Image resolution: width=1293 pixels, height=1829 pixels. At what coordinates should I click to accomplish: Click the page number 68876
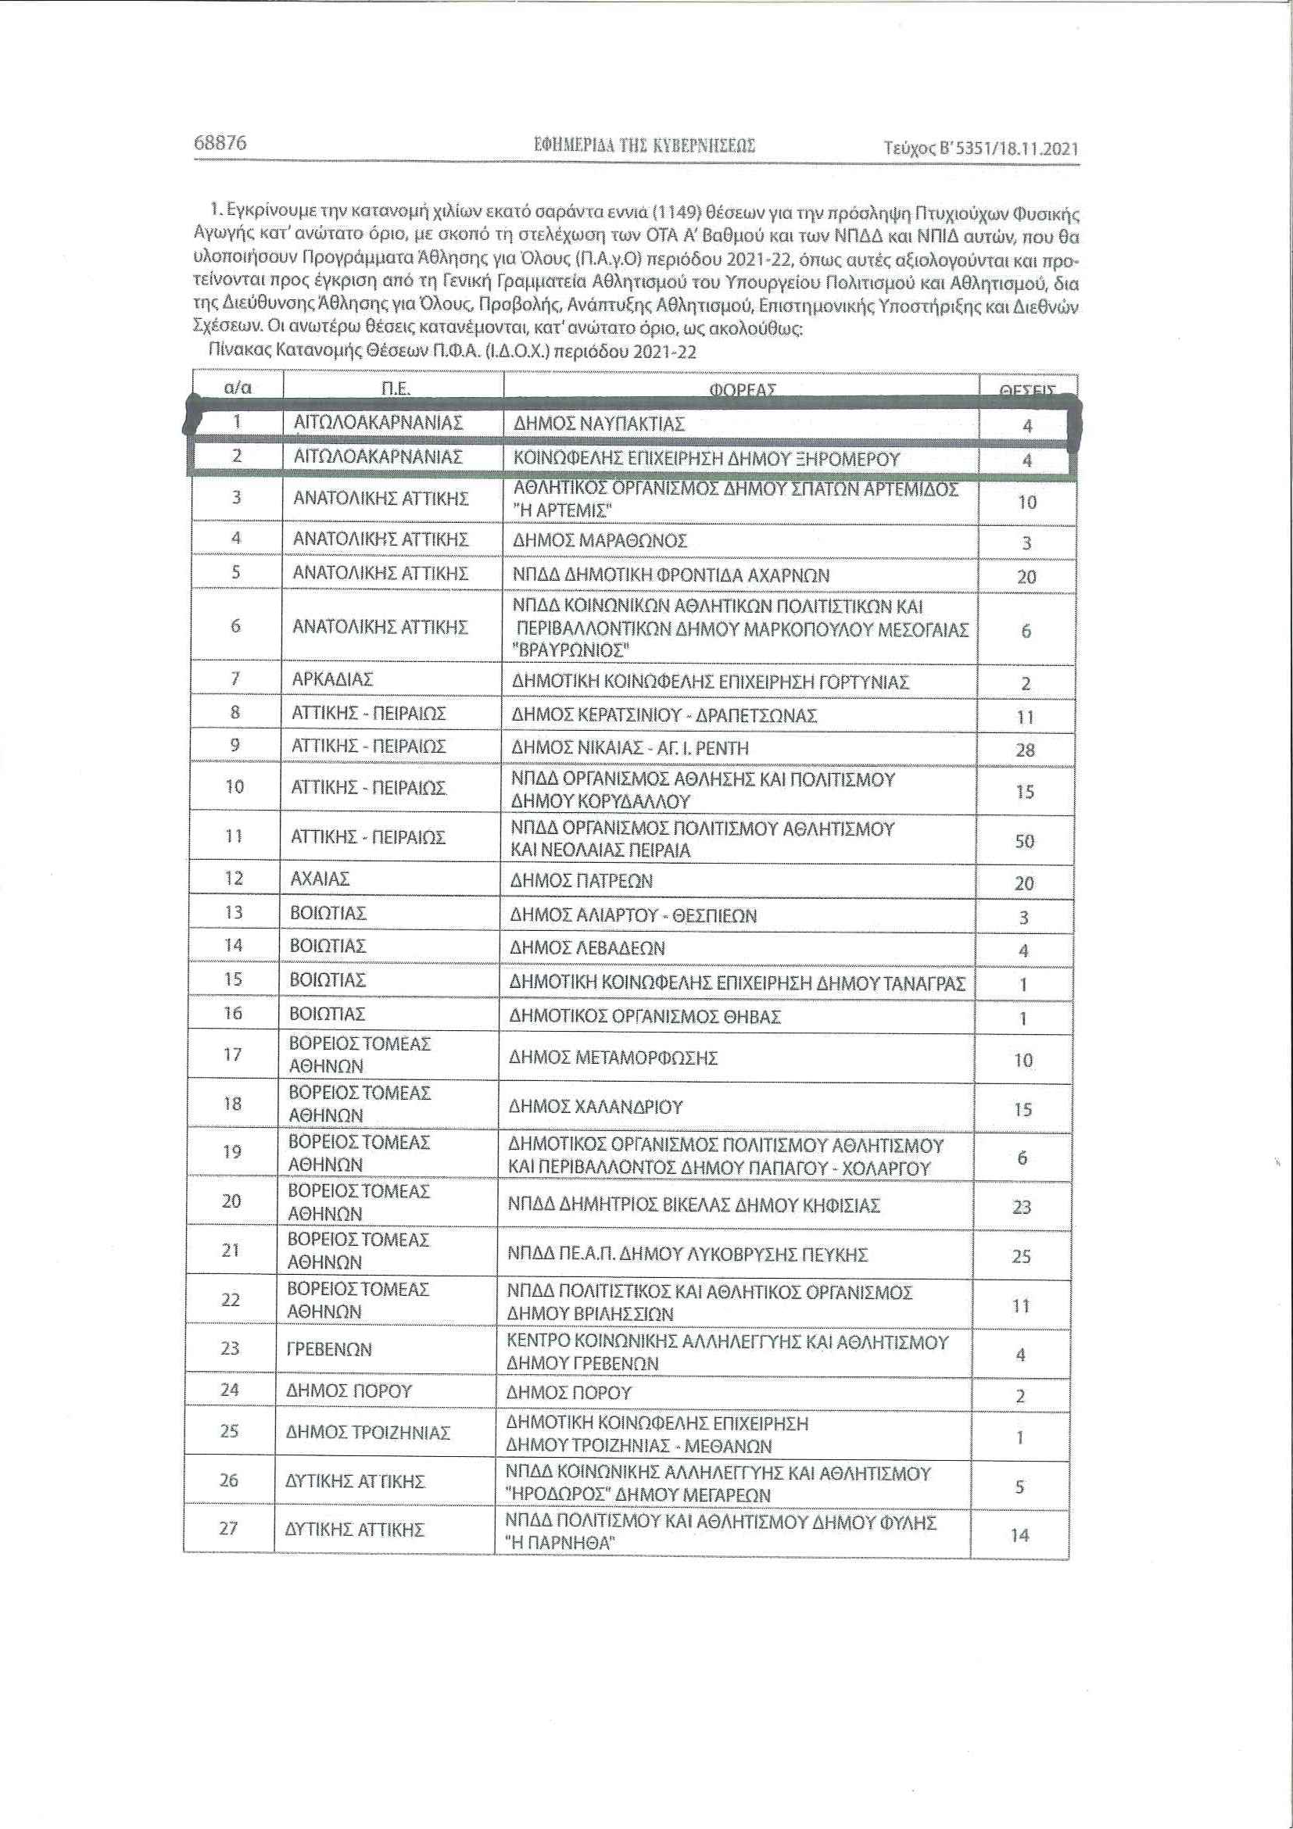[x=220, y=142]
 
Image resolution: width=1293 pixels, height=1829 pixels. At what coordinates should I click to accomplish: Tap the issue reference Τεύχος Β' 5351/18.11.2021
[x=981, y=149]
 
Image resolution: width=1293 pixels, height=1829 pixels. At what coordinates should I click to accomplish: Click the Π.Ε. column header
[x=394, y=388]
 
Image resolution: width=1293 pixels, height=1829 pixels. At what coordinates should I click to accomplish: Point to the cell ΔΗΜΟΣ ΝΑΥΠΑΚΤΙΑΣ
[x=598, y=424]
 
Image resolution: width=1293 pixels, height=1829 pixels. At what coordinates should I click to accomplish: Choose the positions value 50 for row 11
[x=1025, y=841]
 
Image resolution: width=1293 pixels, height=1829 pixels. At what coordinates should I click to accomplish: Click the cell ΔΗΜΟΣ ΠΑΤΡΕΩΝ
[x=582, y=881]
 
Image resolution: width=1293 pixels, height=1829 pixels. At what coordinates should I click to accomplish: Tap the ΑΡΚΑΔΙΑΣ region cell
[x=333, y=679]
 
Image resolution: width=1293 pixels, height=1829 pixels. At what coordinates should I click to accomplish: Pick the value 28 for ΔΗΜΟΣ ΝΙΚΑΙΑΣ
[x=1026, y=750]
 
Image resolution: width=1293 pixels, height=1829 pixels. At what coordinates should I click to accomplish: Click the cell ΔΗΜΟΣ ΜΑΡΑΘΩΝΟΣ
[x=599, y=541]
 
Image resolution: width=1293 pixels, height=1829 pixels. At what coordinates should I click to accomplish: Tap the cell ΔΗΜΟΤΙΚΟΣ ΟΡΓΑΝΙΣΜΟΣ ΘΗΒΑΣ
[x=646, y=1016]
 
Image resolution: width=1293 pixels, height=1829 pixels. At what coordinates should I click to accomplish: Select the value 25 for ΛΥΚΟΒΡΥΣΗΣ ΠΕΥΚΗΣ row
[x=1021, y=1256]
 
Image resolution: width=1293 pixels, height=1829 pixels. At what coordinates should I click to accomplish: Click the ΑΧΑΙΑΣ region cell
[x=321, y=879]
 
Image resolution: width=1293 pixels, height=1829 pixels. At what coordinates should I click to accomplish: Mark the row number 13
[x=233, y=912]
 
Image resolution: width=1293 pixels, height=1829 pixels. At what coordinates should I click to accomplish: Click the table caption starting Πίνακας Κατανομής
[x=452, y=351]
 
